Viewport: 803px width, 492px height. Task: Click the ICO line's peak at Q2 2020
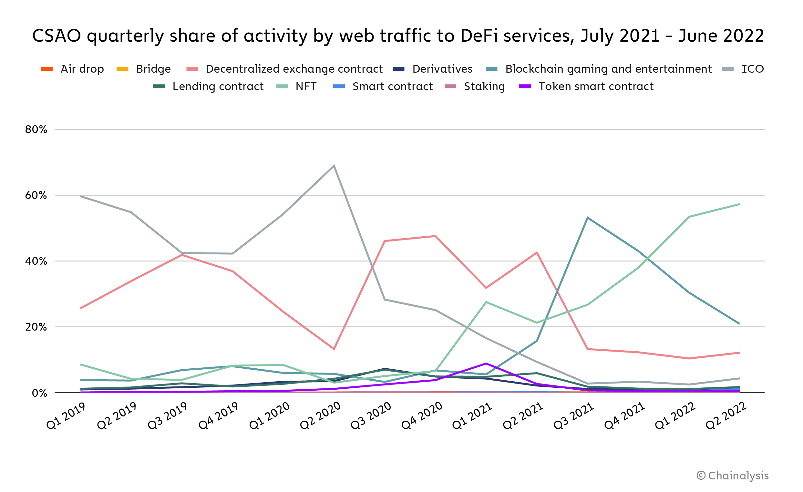click(x=334, y=166)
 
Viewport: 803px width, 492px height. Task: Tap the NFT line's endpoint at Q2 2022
click(x=739, y=204)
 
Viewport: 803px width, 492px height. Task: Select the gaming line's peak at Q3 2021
click(x=588, y=218)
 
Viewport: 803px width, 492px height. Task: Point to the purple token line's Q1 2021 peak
click(x=486, y=364)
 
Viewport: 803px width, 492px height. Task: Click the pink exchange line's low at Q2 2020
click(x=334, y=349)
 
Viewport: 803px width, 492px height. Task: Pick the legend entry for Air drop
click(x=72, y=69)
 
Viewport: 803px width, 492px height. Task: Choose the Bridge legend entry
click(x=144, y=69)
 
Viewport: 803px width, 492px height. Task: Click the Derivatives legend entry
click(x=433, y=69)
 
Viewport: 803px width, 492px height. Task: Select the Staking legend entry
click(x=475, y=87)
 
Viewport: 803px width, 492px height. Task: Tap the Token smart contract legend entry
click(x=586, y=87)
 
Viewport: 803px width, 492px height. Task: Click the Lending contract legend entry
click(x=208, y=87)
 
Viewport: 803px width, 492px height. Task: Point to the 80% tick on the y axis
click(x=36, y=130)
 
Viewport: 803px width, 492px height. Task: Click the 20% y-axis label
click(x=36, y=327)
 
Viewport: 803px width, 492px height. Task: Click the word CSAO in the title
click(x=57, y=36)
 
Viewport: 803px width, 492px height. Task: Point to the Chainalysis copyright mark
click(x=733, y=476)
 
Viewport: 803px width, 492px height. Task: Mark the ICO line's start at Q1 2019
click(x=81, y=197)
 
